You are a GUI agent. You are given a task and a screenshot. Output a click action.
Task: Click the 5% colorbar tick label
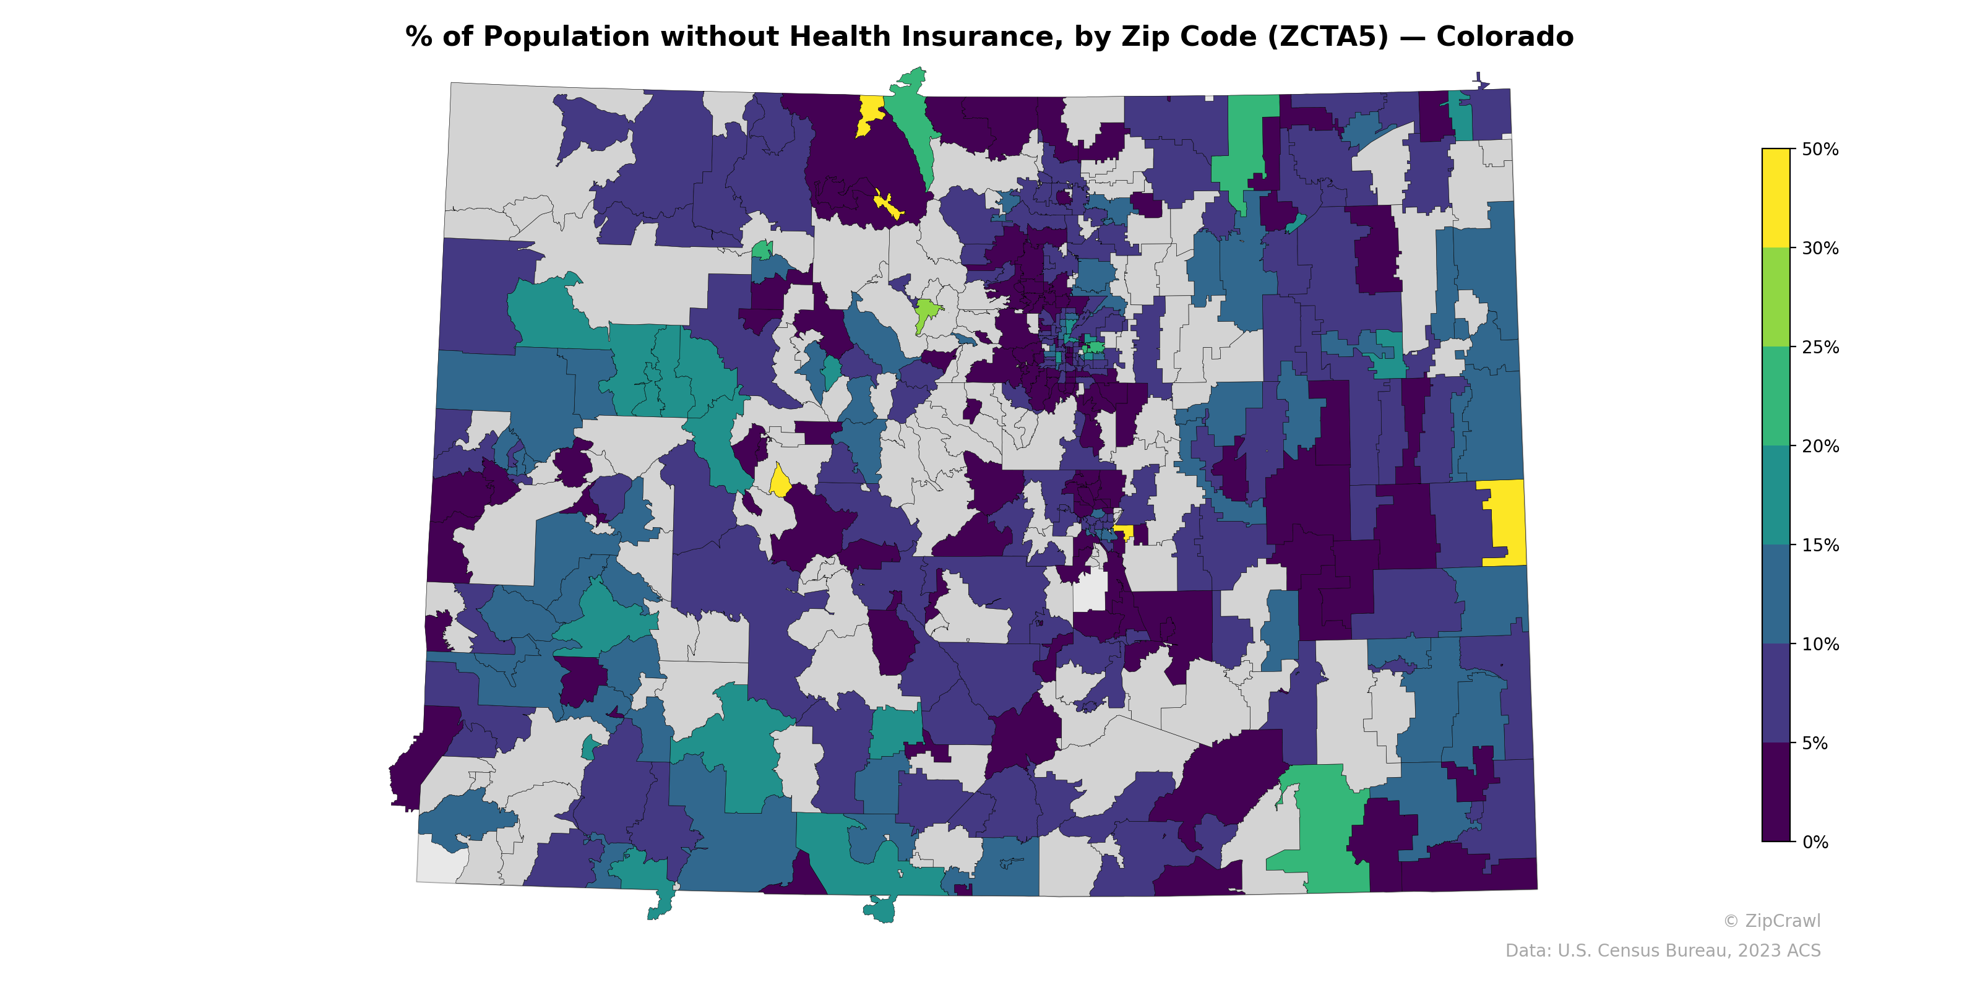click(x=1814, y=743)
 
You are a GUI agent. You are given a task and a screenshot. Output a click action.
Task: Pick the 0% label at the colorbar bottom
click(x=1814, y=842)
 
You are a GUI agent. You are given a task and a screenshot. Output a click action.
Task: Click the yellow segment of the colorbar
click(x=1776, y=198)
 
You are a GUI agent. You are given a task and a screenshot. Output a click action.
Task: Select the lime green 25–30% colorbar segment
click(x=1776, y=298)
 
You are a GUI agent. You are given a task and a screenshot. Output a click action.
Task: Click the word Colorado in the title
click(x=1504, y=36)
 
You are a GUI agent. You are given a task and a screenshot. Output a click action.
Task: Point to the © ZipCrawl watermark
click(x=1771, y=921)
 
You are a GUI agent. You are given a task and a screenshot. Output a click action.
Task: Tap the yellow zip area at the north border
click(x=870, y=112)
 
